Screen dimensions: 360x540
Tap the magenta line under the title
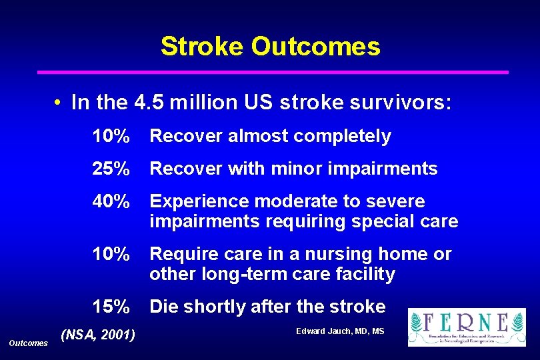pos(272,72)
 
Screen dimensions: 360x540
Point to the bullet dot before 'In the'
pos(59,104)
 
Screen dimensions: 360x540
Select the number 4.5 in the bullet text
pos(150,103)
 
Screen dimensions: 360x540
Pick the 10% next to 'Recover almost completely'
pos(111,137)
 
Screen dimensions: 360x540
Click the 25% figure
pos(111,169)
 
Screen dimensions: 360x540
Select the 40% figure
pos(111,201)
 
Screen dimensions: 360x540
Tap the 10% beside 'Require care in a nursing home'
pos(111,255)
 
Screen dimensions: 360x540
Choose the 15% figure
pos(111,307)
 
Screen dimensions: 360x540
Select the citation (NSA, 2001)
pos(97,334)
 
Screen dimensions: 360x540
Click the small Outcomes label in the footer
pos(28,343)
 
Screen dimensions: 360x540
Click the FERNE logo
pos(467,327)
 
